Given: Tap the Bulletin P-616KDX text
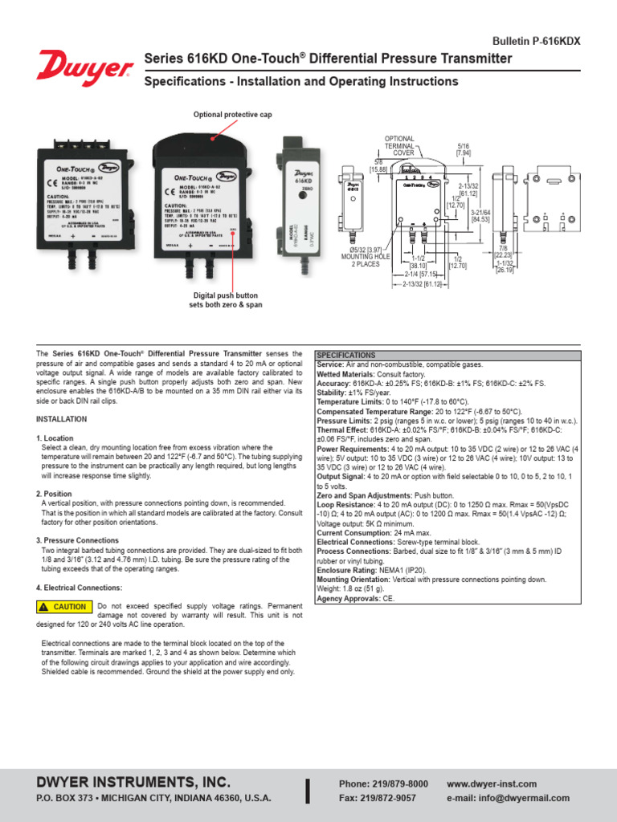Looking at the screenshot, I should click(535, 40).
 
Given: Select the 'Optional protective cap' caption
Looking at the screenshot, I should click(231, 115).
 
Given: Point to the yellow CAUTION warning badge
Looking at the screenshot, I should click(63, 607).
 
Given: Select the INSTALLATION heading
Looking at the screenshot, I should click(61, 419).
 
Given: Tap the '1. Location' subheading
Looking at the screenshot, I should click(55, 437).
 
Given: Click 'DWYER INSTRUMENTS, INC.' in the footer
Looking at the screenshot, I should click(133, 782).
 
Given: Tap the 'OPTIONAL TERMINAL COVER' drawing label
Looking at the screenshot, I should click(399, 145).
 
